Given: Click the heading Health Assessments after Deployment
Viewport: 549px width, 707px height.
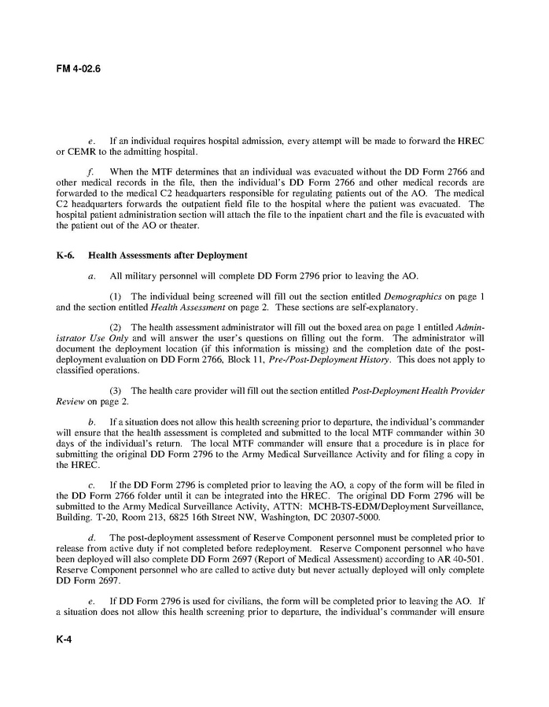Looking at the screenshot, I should (x=168, y=255).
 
